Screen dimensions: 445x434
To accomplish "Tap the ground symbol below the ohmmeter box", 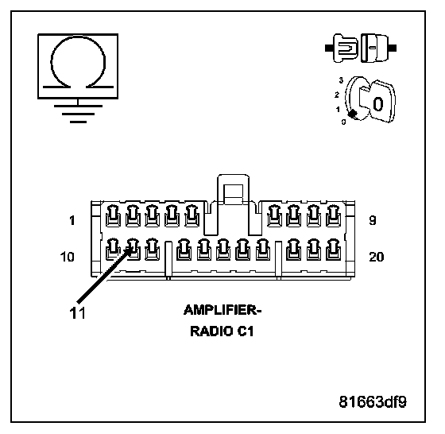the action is pos(78,114).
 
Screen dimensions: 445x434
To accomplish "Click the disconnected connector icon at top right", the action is pos(361,48).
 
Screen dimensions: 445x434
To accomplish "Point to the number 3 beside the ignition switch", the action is pos(341,80).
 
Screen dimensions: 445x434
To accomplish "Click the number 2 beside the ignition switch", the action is pos(337,95).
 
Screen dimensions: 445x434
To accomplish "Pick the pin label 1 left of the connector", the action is pos(72,220).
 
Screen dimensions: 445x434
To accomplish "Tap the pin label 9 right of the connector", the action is pos(373,220).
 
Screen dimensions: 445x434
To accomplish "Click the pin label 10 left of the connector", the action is pos(68,257).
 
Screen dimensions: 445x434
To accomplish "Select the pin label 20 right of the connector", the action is pos(377,257).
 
